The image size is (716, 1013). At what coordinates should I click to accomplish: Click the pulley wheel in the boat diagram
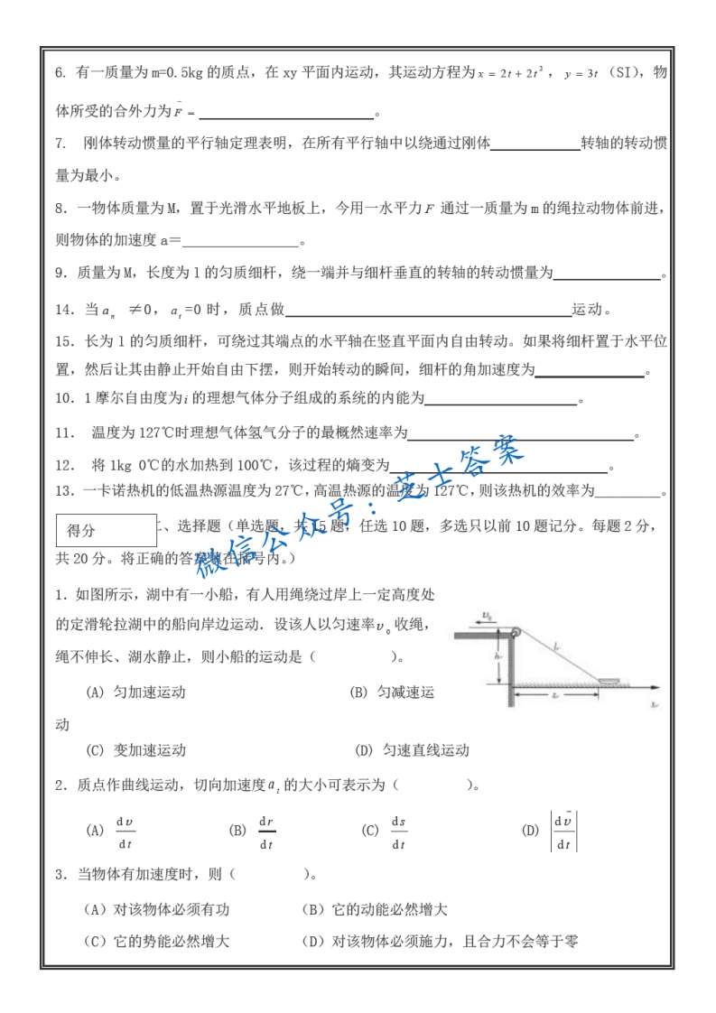pos(516,632)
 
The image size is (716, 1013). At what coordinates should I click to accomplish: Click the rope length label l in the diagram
pos(557,646)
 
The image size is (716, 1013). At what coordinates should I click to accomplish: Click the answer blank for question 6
pos(286,112)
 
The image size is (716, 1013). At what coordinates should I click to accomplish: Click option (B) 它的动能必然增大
pos(375,909)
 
